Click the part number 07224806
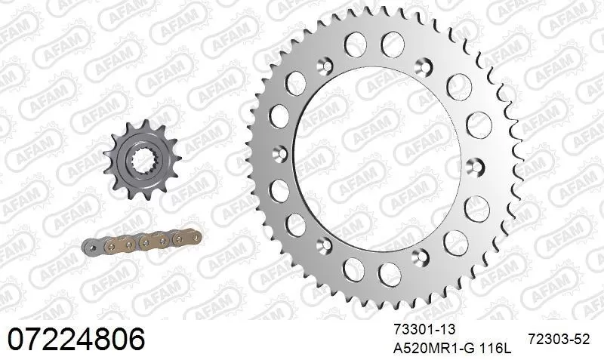[x=75, y=339]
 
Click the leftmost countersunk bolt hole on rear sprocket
[x=282, y=152]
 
